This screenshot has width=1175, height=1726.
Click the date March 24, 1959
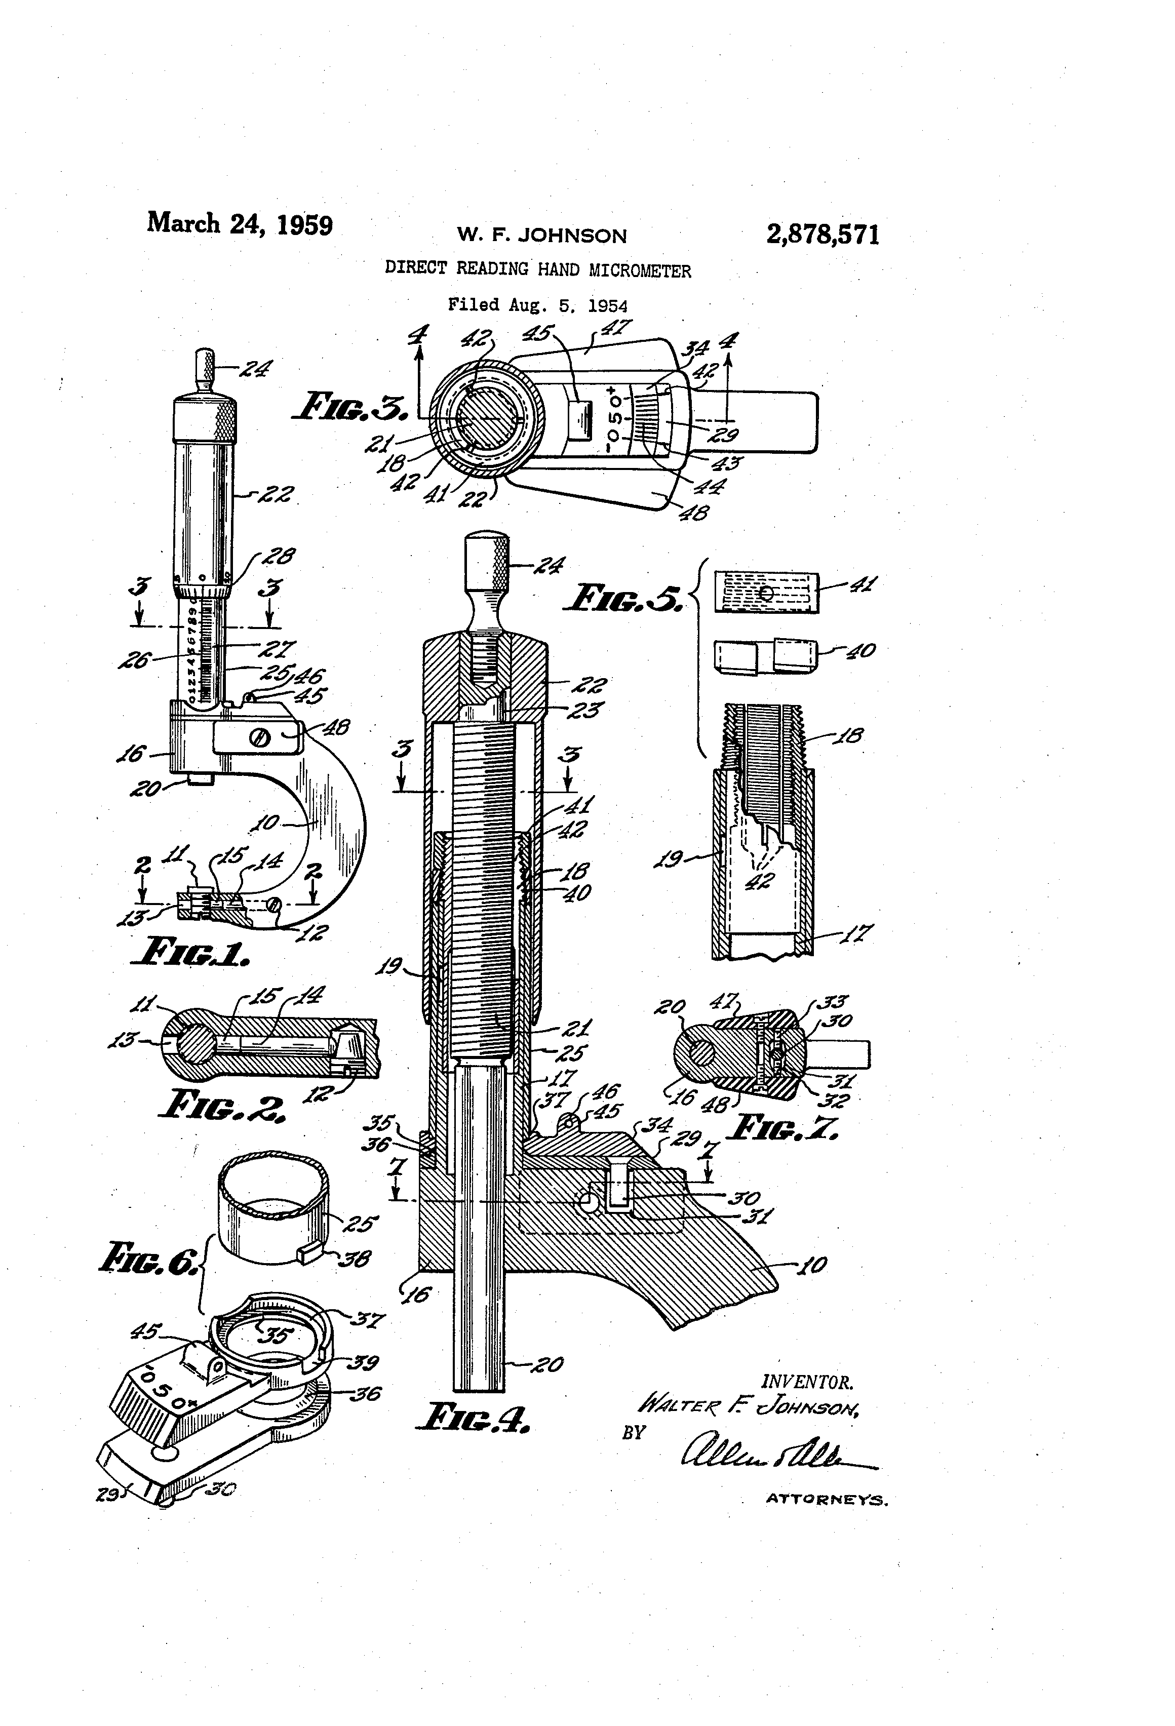pos(239,223)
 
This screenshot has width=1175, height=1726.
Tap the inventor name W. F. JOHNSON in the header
pos(541,236)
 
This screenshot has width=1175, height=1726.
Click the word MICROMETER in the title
pos(640,271)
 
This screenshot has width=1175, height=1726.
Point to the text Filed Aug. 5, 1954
pos(537,305)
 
